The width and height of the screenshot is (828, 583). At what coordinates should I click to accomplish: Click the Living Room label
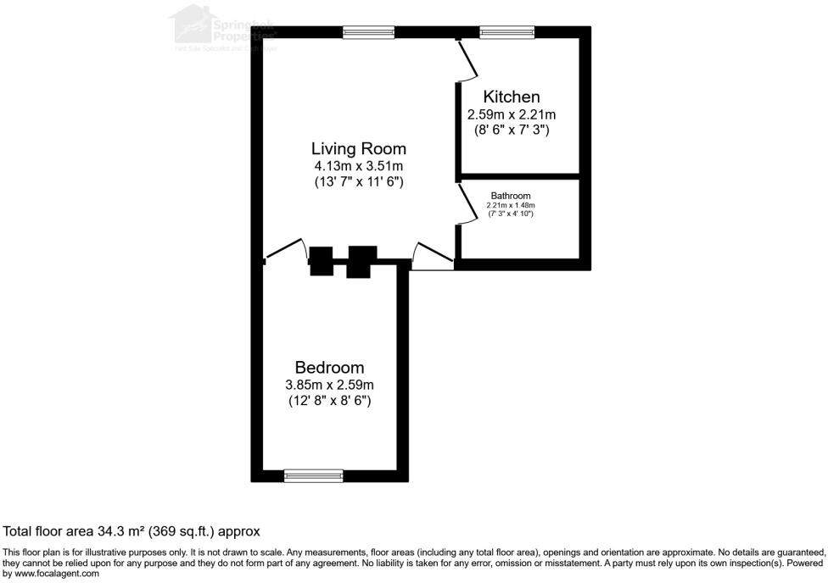click(358, 148)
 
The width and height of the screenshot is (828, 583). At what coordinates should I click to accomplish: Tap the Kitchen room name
click(511, 97)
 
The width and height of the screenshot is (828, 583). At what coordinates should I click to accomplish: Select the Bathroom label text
click(511, 196)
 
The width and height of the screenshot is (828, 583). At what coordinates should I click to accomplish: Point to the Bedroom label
click(329, 367)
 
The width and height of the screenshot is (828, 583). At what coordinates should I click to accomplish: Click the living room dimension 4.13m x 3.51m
click(358, 166)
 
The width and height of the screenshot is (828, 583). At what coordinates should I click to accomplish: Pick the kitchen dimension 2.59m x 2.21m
click(511, 114)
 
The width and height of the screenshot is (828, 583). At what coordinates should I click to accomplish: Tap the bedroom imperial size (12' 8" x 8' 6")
click(329, 400)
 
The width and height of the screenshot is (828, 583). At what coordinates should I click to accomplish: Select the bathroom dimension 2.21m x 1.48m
click(511, 205)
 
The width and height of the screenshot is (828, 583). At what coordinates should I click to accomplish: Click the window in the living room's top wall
click(369, 32)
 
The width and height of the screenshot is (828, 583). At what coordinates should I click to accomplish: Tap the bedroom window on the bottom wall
click(313, 475)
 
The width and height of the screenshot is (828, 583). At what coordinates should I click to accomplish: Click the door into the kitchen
click(465, 59)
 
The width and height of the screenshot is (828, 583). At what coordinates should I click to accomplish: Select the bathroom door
click(465, 204)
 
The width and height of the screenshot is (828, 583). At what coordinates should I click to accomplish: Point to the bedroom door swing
click(287, 249)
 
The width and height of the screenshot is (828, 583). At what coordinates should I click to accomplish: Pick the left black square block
click(322, 261)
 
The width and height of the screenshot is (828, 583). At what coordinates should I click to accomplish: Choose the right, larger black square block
click(361, 261)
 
